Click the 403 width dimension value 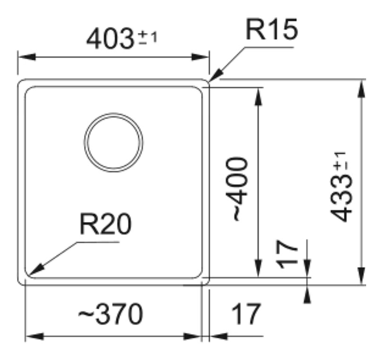tap(110, 39)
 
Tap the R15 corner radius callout tap(272, 29)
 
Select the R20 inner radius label tap(105, 224)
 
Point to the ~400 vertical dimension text tap(237, 189)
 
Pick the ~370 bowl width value tap(111, 314)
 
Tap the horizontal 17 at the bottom tap(246, 314)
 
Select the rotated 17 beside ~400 tap(287, 254)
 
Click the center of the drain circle tap(113, 142)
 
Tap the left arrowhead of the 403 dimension tap(27, 57)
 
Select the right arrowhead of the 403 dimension tap(200, 57)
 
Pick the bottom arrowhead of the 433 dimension tap(361, 276)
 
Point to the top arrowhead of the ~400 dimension tap(258, 96)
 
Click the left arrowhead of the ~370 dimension tap(34, 336)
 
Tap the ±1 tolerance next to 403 tap(148, 38)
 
